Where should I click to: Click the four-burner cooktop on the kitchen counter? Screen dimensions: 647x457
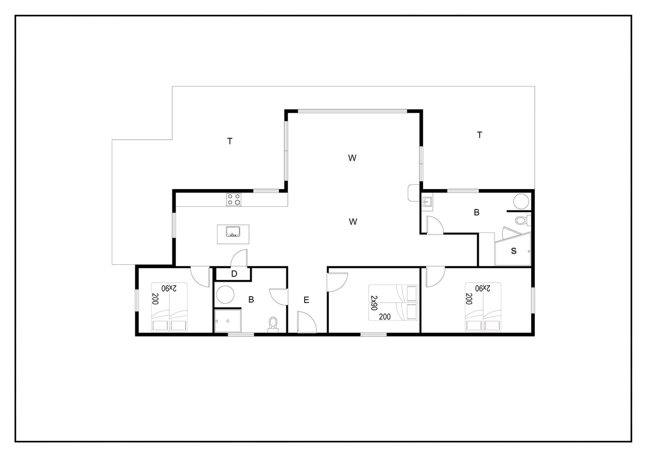pyautogui.click(x=234, y=199)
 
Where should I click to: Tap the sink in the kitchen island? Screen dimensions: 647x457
pyautogui.click(x=233, y=231)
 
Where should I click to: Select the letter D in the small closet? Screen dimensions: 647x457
pyautogui.click(x=234, y=274)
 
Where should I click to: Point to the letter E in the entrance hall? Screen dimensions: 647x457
pyautogui.click(x=306, y=300)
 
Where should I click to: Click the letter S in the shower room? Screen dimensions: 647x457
pyautogui.click(x=513, y=251)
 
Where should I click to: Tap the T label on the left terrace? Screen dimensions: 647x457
pyautogui.click(x=230, y=141)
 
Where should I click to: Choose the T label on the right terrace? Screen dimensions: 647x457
pyautogui.click(x=479, y=135)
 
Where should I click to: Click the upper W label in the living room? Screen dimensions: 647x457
pyautogui.click(x=352, y=158)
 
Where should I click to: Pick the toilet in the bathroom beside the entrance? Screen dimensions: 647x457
pyautogui.click(x=273, y=325)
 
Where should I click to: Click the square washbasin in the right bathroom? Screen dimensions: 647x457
pyautogui.click(x=427, y=202)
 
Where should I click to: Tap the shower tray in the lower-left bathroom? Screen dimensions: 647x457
pyautogui.click(x=228, y=321)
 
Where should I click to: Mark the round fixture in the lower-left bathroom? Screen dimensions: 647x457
pyautogui.click(x=225, y=294)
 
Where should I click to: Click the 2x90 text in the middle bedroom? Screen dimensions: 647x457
pyautogui.click(x=374, y=303)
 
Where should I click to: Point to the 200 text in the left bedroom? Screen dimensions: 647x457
pyautogui.click(x=155, y=299)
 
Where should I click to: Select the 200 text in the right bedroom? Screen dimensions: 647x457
pyautogui.click(x=469, y=299)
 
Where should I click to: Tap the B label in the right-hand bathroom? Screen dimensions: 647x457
pyautogui.click(x=477, y=213)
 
